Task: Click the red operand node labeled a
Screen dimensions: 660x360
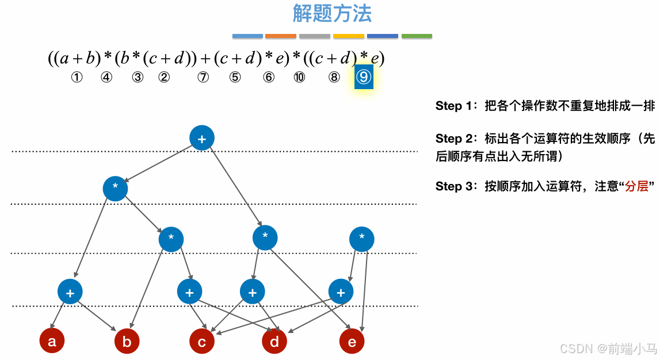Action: pyautogui.click(x=52, y=342)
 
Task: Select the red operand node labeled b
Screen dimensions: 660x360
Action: pyautogui.click(x=127, y=342)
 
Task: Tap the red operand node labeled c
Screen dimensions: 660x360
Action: pyautogui.click(x=202, y=342)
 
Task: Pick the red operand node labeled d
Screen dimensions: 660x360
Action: pyautogui.click(x=274, y=342)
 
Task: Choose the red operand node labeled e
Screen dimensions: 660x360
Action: pyautogui.click(x=352, y=342)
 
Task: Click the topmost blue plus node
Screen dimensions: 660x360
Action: pyautogui.click(x=202, y=138)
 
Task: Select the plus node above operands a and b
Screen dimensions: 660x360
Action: pyautogui.click(x=70, y=292)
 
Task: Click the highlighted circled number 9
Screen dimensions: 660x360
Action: pyautogui.click(x=364, y=77)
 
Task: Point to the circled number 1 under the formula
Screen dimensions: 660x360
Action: pyautogui.click(x=77, y=78)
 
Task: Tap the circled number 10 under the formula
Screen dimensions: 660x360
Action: pyautogui.click(x=299, y=78)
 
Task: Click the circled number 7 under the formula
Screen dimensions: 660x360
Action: pyautogui.click(x=203, y=78)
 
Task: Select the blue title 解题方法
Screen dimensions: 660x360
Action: pyautogui.click(x=332, y=13)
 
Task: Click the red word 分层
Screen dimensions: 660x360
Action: pyautogui.click(x=637, y=187)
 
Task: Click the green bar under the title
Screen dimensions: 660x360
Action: pyautogui.click(x=417, y=36)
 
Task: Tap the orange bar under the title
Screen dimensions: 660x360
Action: pyautogui.click(x=280, y=36)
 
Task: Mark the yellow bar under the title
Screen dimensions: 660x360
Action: pyautogui.click(x=349, y=36)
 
